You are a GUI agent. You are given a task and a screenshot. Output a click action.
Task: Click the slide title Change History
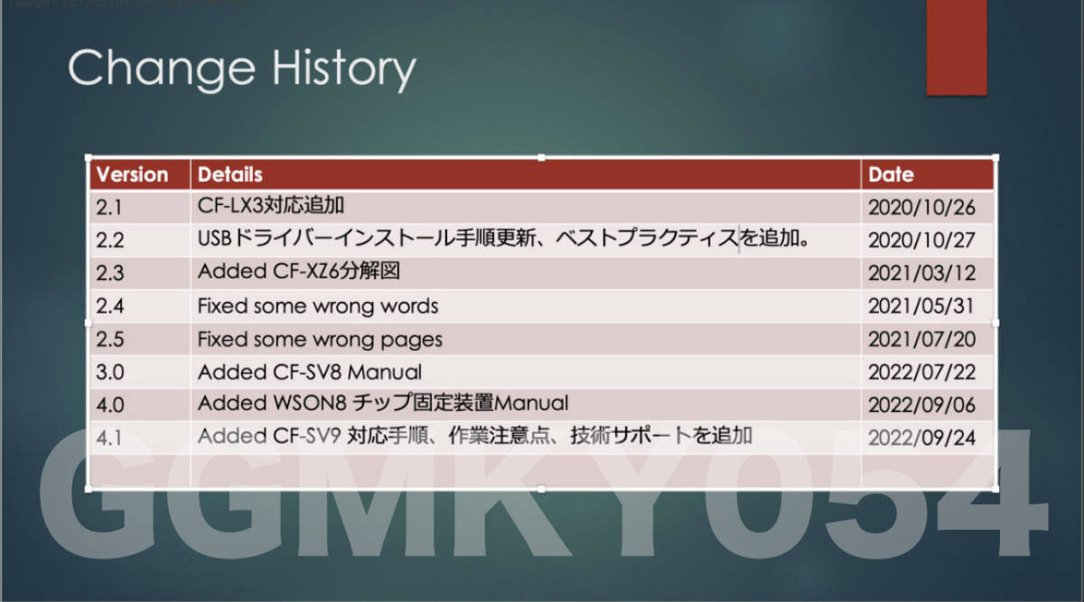(x=242, y=69)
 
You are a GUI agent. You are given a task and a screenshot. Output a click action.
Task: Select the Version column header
(x=132, y=174)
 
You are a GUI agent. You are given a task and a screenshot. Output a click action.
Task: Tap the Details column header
(x=230, y=174)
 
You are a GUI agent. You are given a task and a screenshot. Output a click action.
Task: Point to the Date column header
(x=891, y=174)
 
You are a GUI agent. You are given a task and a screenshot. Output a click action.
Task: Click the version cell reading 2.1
(x=109, y=208)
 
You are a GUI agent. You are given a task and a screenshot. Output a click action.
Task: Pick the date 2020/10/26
(x=921, y=208)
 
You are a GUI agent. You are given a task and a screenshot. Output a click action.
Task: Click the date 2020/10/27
(x=921, y=240)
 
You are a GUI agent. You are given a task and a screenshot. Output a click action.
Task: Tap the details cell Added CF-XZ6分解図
(x=298, y=272)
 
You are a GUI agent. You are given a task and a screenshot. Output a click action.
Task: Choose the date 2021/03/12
(x=921, y=273)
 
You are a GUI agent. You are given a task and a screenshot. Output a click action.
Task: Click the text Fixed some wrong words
(x=318, y=306)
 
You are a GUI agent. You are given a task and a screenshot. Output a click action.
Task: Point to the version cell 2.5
(x=109, y=339)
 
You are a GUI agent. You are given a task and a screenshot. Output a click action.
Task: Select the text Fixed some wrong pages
(x=320, y=339)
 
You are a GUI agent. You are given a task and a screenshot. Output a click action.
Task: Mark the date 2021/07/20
(x=921, y=339)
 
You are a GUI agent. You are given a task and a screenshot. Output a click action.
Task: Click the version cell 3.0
(x=109, y=372)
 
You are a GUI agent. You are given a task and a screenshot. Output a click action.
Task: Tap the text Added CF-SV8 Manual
(x=310, y=372)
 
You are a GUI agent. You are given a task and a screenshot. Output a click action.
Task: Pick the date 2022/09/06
(x=921, y=403)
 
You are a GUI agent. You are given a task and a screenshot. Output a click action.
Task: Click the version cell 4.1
(x=109, y=437)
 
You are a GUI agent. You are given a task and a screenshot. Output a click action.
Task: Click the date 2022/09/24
(x=921, y=437)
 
